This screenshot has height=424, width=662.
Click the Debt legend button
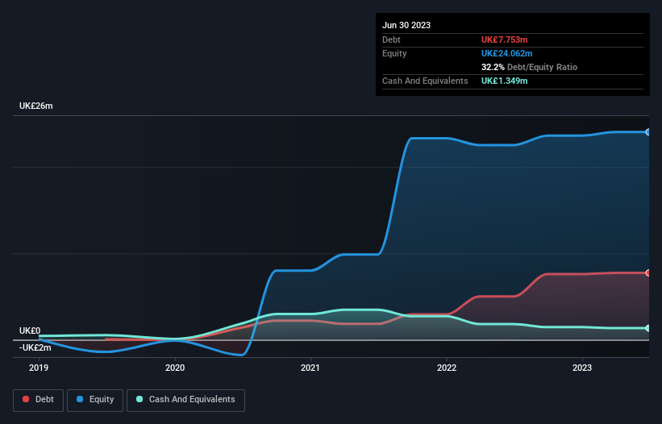(40, 400)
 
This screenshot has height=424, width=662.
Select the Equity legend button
(96, 400)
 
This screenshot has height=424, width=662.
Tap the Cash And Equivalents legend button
(185, 400)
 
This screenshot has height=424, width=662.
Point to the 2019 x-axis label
(39, 368)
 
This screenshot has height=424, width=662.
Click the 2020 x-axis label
(175, 368)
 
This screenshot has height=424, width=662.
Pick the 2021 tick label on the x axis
(310, 368)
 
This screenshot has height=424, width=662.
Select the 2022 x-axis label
(447, 368)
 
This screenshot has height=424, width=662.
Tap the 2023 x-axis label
(582, 368)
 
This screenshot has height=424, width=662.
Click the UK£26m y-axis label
(36, 106)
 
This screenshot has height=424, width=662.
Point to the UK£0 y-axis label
(30, 330)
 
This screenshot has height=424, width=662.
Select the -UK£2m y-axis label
(35, 347)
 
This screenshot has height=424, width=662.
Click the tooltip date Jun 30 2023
(406, 25)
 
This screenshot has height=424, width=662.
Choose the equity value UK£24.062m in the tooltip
(510, 53)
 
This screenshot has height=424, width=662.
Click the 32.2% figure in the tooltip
(493, 67)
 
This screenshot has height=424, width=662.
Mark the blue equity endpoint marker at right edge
(648, 132)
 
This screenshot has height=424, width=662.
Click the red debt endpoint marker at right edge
(648, 273)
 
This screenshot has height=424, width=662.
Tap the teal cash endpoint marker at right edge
(648, 328)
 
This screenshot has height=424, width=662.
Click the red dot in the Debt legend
(27, 400)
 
